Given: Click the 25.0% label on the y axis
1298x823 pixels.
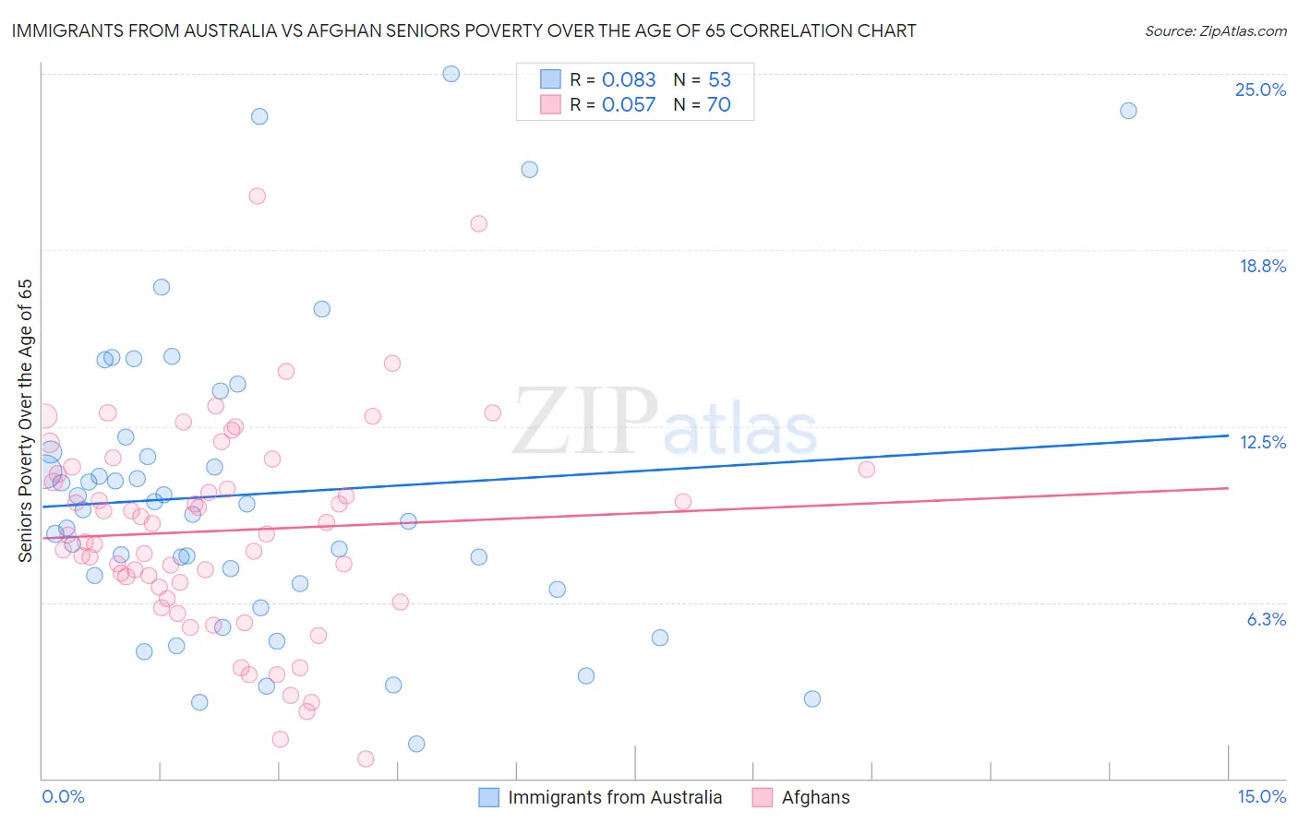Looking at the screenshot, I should pyautogui.click(x=1260, y=89).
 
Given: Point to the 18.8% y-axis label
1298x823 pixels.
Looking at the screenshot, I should pyautogui.click(x=1262, y=266).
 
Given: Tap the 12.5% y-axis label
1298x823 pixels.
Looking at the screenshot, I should pyautogui.click(x=1262, y=442).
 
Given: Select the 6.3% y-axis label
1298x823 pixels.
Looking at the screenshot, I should pyautogui.click(x=1266, y=619).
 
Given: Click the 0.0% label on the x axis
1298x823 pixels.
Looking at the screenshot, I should pyautogui.click(x=63, y=796).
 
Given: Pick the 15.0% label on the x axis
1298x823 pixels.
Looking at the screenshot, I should pyautogui.click(x=1261, y=796).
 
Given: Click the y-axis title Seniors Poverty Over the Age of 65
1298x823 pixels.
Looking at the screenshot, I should pyautogui.click(x=26, y=421).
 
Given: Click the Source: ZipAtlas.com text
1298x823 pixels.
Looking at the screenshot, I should pyautogui.click(x=1215, y=30).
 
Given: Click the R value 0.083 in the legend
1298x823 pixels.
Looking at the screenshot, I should pyautogui.click(x=629, y=79).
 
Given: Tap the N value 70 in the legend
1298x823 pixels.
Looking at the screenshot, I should pyautogui.click(x=718, y=104).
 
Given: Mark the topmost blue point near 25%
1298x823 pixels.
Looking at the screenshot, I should pyautogui.click(x=451, y=74).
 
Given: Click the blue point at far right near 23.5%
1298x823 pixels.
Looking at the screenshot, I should pyautogui.click(x=1128, y=111).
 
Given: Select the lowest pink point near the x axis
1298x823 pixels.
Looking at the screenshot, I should pyautogui.click(x=366, y=758).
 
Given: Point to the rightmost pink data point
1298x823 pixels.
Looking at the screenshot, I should pyautogui.click(x=866, y=470).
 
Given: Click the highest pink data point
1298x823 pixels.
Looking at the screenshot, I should pyautogui.click(x=258, y=196).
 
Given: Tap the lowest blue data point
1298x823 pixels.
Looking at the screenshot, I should pyautogui.click(x=416, y=744).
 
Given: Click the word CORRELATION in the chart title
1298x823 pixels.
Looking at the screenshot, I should pyautogui.click(x=789, y=30).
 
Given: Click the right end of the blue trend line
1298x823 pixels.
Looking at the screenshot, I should pyautogui.click(x=1228, y=435).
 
